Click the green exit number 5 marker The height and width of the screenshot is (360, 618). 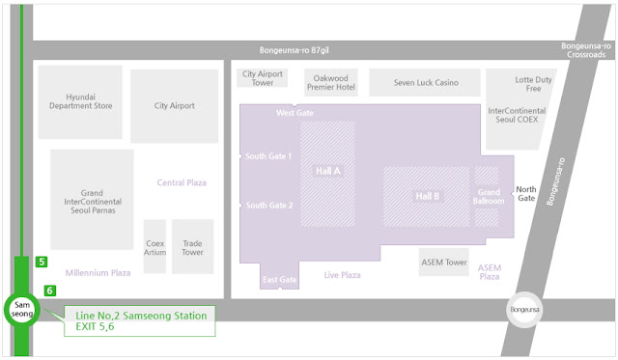[x=42, y=262]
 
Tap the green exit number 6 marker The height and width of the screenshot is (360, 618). [x=49, y=291]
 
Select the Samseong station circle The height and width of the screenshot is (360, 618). [x=22, y=310]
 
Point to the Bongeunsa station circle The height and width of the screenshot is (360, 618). [x=524, y=310]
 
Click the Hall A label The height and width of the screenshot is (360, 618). [x=328, y=171]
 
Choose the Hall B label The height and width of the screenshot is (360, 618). [x=427, y=196]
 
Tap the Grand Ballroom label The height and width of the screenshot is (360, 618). [x=489, y=197]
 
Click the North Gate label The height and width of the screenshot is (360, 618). [x=526, y=194]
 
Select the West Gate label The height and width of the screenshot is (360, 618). [x=295, y=113]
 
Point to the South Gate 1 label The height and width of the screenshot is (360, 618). [x=268, y=156]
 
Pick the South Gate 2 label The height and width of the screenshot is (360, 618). [x=269, y=206]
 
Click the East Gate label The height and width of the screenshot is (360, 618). [x=280, y=280]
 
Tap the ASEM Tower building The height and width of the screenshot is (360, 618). [x=444, y=262]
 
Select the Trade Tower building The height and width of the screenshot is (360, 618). [x=193, y=246]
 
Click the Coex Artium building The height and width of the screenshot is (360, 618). [x=154, y=246]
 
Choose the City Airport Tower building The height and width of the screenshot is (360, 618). [x=262, y=78]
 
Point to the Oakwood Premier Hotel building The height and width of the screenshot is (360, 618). [x=331, y=82]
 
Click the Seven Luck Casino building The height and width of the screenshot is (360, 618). [x=425, y=82]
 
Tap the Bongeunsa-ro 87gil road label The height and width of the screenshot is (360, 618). [x=294, y=50]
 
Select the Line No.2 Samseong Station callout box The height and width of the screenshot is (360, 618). [x=139, y=321]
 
